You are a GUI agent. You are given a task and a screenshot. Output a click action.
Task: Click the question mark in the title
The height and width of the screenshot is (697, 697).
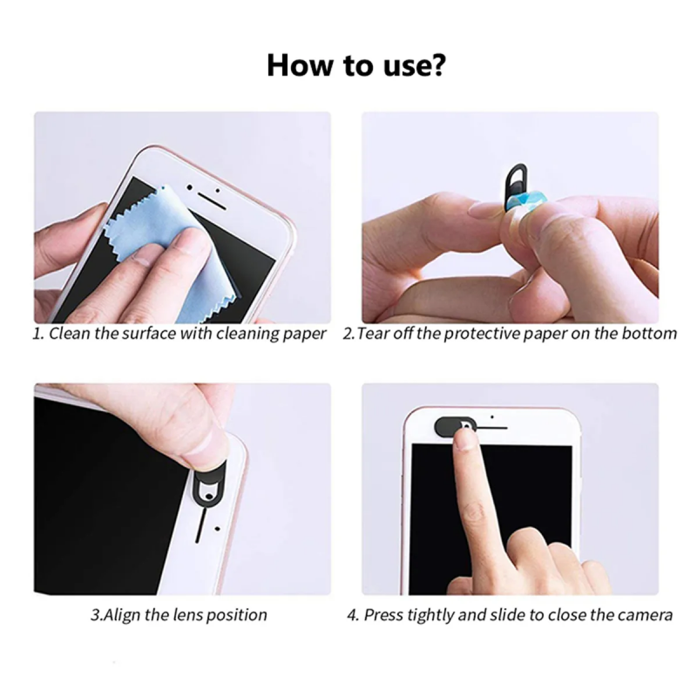coord(436,65)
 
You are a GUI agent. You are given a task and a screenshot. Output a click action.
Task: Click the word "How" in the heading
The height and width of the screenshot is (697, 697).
coord(300,65)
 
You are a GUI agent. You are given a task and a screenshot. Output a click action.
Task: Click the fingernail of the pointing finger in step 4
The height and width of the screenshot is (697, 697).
coord(465,439)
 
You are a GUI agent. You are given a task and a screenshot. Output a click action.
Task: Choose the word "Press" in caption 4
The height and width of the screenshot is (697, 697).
coord(383,615)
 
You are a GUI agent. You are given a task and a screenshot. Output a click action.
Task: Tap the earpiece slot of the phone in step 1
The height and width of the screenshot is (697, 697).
coord(213,202)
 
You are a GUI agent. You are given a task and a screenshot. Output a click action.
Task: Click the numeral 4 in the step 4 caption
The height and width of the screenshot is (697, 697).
coord(353,615)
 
